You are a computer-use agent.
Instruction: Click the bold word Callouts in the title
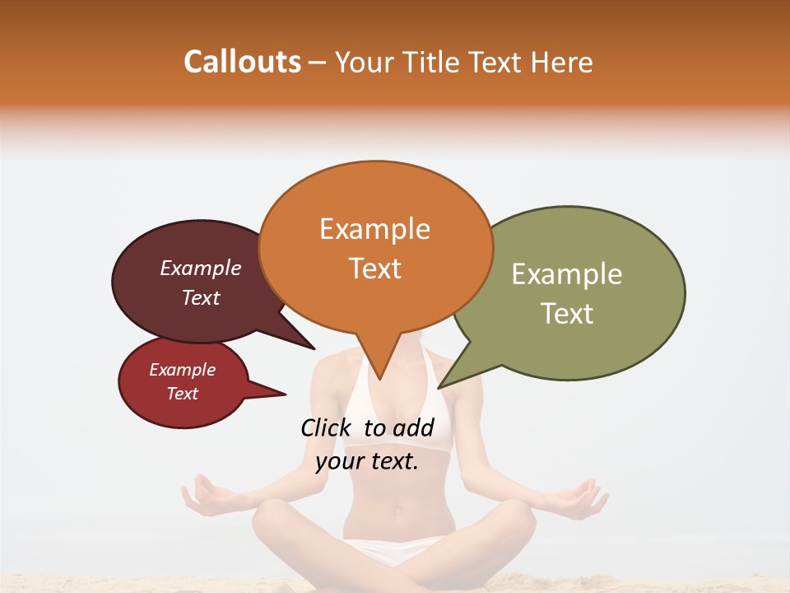tap(243, 62)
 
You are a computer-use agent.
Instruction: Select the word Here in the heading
tap(562, 63)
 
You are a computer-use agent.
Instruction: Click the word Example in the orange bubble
tap(374, 229)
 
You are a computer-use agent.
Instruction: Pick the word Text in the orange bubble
tap(375, 268)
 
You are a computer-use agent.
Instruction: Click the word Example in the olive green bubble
tap(567, 274)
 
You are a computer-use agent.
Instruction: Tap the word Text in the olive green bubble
tap(568, 314)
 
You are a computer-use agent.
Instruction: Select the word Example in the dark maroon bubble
tap(201, 268)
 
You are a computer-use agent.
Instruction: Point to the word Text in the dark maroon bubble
tap(201, 297)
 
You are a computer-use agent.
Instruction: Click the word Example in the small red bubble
tap(183, 370)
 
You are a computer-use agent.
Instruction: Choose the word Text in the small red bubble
tap(183, 394)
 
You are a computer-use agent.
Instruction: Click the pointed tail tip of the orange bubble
tap(379, 379)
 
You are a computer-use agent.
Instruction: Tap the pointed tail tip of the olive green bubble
tap(439, 387)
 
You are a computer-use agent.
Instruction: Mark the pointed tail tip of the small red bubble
tap(285, 394)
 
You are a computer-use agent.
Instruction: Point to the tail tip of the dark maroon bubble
tap(314, 348)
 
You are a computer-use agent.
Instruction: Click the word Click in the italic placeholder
tap(328, 427)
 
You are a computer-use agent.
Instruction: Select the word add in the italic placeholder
tap(412, 427)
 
